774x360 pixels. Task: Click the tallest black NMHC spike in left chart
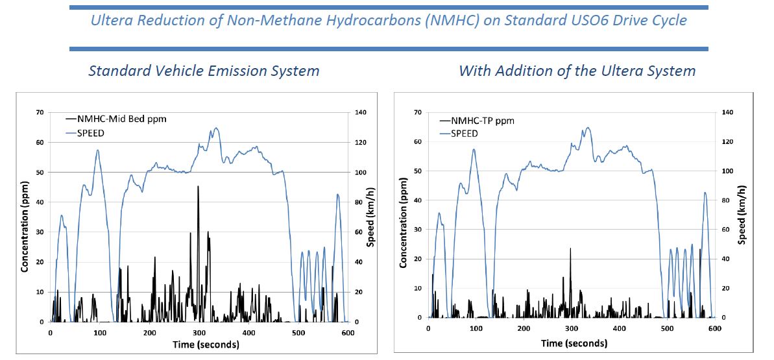198,187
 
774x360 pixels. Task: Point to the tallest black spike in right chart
570,248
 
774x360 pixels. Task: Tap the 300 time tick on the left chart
199,332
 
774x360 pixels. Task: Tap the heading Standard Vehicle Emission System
204,70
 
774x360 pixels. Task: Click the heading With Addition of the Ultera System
577,70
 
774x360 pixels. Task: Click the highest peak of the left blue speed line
216,128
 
